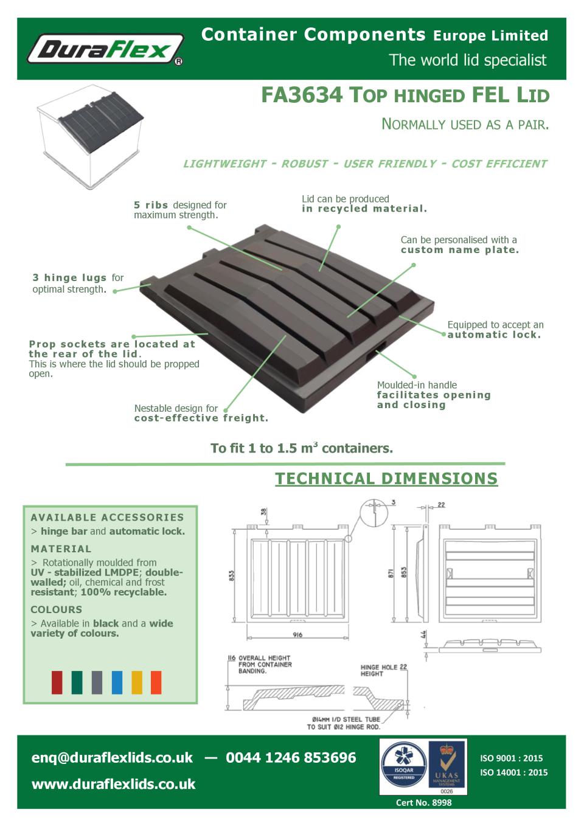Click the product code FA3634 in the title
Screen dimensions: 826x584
point(302,95)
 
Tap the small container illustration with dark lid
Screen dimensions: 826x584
point(91,135)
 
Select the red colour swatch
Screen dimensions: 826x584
point(57,682)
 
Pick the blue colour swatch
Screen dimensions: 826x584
point(117,682)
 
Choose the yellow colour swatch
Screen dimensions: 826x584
point(137,682)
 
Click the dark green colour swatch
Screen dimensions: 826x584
point(77,682)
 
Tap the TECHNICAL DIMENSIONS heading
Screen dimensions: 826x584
point(386,479)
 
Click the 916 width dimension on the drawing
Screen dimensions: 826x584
point(297,635)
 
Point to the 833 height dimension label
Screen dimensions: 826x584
point(232,575)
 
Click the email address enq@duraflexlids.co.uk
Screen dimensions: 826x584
point(112,758)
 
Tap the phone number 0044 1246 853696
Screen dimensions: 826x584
point(291,758)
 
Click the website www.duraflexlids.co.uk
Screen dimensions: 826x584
point(113,784)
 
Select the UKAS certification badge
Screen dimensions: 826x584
point(447,766)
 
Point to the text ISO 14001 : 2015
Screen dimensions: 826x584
point(513,772)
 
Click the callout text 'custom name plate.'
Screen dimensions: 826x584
point(459,250)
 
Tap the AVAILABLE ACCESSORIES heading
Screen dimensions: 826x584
point(107,518)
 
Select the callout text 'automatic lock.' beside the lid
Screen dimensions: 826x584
point(494,335)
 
